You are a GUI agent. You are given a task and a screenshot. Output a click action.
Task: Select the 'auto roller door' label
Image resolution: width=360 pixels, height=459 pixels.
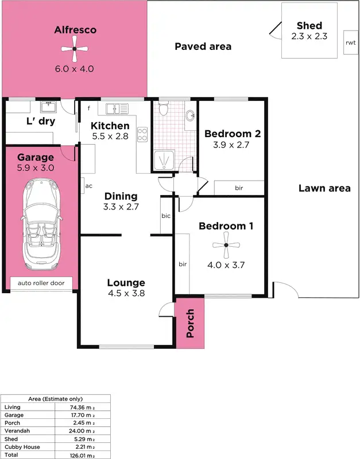pyautogui.click(x=42, y=283)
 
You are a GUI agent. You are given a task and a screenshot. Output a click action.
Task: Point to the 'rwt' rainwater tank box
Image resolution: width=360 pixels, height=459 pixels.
pyautogui.click(x=350, y=42)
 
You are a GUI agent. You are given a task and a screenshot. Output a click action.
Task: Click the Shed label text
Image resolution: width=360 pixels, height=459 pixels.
pyautogui.click(x=309, y=26)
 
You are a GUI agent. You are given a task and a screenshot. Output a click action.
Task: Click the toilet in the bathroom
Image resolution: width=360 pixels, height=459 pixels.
pyautogui.click(x=163, y=108)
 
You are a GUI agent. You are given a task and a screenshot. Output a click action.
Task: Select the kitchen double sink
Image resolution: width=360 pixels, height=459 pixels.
pyautogui.click(x=119, y=107)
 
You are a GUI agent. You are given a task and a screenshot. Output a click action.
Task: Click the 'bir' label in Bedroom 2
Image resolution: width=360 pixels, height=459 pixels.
pyautogui.click(x=239, y=188)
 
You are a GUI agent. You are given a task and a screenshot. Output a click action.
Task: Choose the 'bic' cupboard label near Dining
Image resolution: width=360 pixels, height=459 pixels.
pyautogui.click(x=166, y=216)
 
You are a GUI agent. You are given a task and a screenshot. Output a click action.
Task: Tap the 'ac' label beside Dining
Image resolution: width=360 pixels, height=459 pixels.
pyautogui.click(x=89, y=186)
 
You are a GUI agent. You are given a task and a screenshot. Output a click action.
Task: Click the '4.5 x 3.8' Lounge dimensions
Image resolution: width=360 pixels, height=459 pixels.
pyautogui.click(x=126, y=293)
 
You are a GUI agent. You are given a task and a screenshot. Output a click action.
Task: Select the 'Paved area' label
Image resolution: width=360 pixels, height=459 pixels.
pyautogui.click(x=203, y=46)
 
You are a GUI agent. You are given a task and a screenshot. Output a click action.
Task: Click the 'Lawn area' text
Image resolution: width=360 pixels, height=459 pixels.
pyautogui.click(x=324, y=188)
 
